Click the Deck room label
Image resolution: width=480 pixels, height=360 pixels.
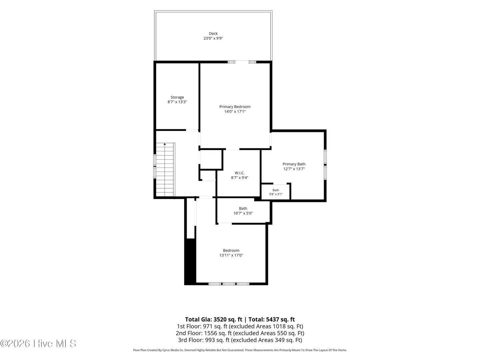click(213, 33)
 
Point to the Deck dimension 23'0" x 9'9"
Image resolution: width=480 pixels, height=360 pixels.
click(213, 38)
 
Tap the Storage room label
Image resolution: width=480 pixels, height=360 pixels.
click(177, 97)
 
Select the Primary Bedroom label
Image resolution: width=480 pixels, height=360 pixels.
click(235, 107)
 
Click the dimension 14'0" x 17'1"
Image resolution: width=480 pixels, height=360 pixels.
click(235, 111)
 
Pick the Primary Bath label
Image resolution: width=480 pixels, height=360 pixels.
click(294, 164)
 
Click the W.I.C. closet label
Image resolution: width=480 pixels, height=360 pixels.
click(239, 173)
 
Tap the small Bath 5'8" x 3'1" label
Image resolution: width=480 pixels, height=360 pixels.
click(276, 192)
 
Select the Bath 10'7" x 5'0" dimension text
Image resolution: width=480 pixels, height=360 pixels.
click(243, 213)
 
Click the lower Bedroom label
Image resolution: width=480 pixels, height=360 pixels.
click(231, 250)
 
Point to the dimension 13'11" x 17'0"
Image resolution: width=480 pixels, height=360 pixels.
click(231, 255)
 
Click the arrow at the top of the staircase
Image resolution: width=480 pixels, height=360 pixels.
click(165, 144)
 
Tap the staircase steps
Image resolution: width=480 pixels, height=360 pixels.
click(165, 170)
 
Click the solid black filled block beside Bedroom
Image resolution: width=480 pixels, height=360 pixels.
click(190, 261)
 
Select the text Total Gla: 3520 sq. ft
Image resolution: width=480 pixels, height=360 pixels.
click(213, 319)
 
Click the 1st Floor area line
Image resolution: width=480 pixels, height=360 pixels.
click(240, 326)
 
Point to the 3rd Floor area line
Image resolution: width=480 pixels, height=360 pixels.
click(240, 340)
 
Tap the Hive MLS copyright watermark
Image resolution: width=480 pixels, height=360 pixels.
click(38, 344)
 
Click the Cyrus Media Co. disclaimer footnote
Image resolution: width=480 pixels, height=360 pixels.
click(240, 350)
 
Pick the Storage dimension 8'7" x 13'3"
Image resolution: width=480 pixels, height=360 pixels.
click(177, 102)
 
